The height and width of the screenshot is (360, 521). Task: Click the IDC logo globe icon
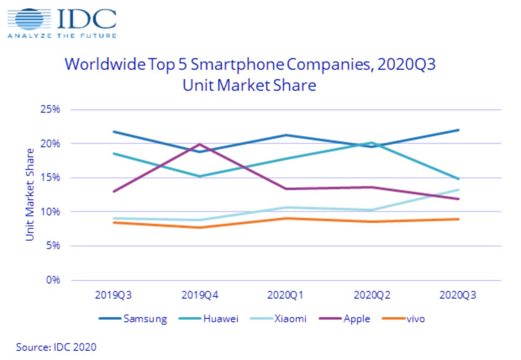point(29,20)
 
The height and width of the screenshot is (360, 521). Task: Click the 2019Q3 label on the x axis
point(113,295)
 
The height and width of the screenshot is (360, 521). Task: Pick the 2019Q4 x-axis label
point(200,295)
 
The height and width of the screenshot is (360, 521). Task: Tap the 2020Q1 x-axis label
point(286,295)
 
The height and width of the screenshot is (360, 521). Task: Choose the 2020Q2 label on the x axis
point(372,295)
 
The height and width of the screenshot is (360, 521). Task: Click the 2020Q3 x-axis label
point(458,295)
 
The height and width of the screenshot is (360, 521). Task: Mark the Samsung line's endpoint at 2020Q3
point(458,130)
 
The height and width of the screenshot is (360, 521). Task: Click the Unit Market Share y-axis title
point(30,194)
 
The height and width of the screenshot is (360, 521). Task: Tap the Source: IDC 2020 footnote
point(56,347)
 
